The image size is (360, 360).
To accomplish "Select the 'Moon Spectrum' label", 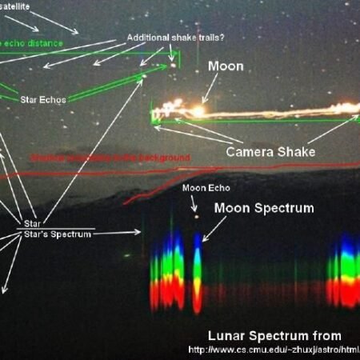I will pos(263,208).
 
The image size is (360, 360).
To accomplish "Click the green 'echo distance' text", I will pos(32,43).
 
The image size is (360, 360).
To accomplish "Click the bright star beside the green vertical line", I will pos(172,66).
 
